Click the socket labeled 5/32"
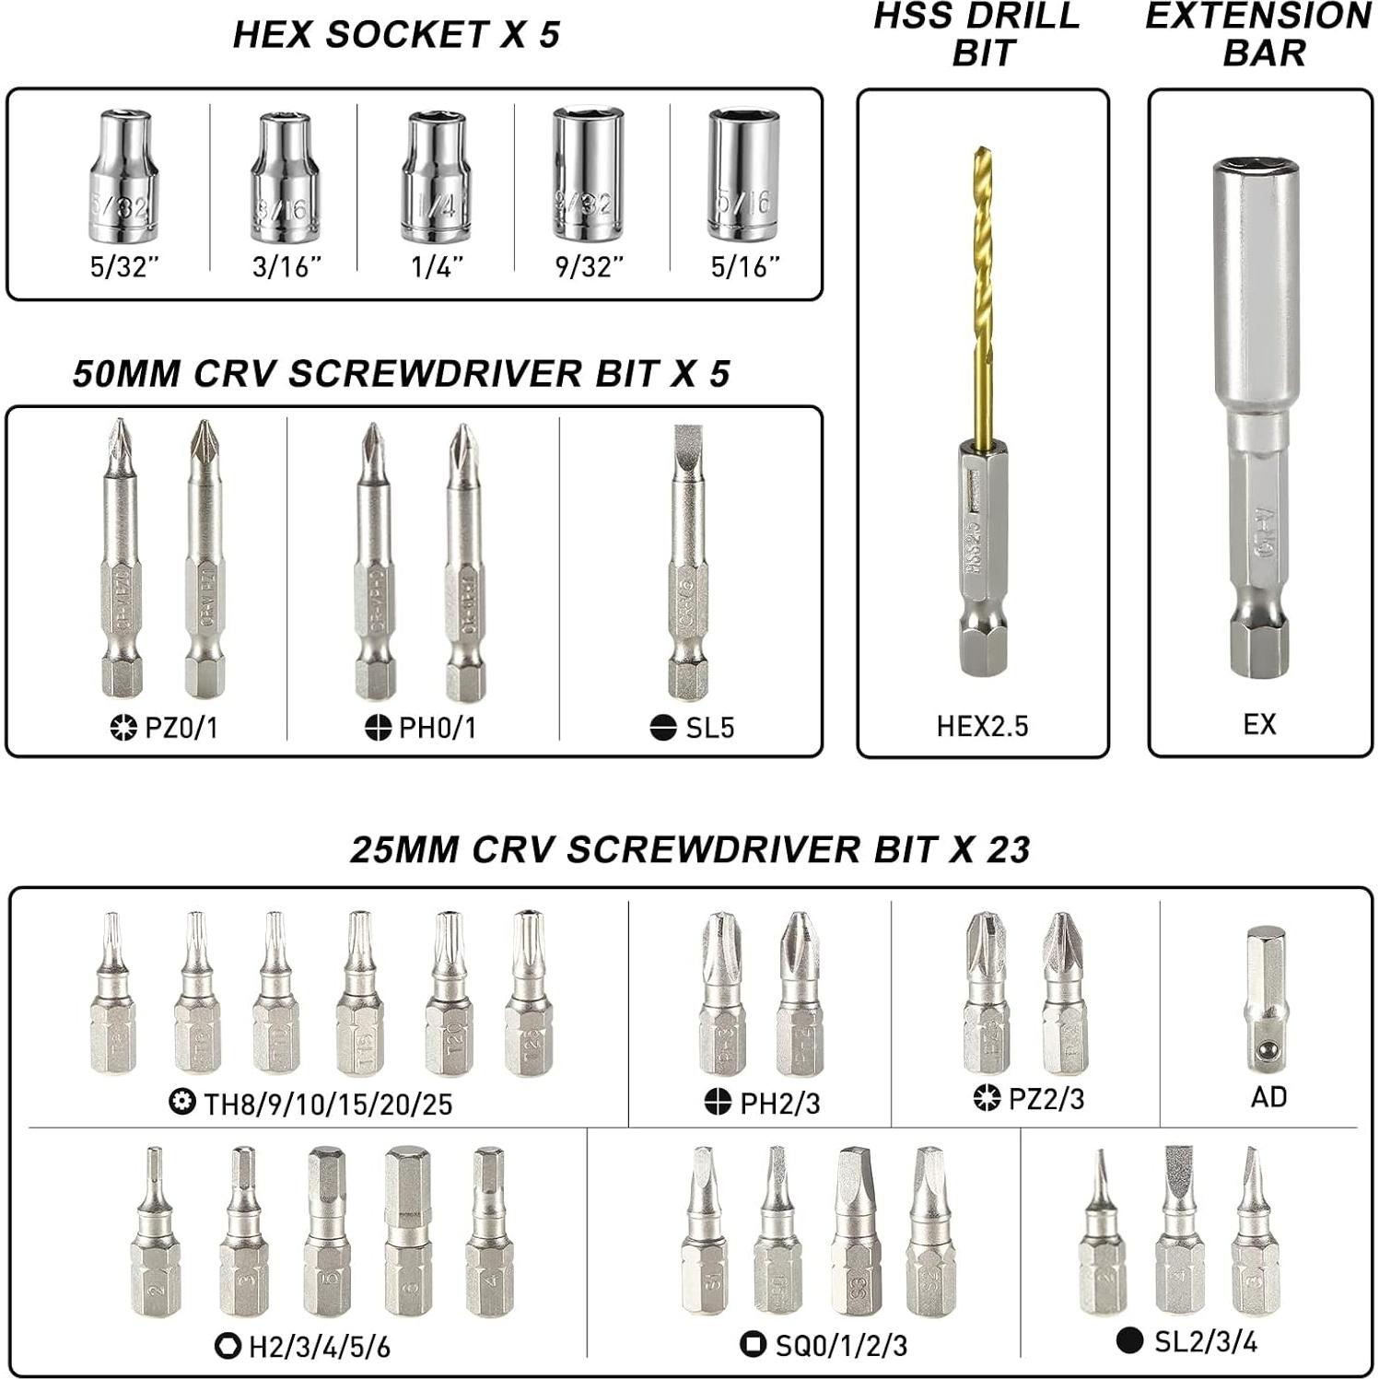pyautogui.click(x=124, y=176)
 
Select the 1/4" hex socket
pyautogui.click(x=436, y=176)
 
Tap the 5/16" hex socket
pyautogui.click(x=744, y=174)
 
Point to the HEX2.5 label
pyautogui.click(x=982, y=727)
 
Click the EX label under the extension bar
pyautogui.click(x=1259, y=725)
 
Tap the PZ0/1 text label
pyautogui.click(x=182, y=728)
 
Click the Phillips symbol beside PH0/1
pyautogui.click(x=378, y=728)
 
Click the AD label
pyautogui.click(x=1268, y=1097)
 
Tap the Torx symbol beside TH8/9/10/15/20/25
pyautogui.click(x=182, y=1102)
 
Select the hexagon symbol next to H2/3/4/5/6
pyautogui.click(x=228, y=1346)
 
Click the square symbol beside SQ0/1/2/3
pyautogui.click(x=753, y=1344)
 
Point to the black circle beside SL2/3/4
pyautogui.click(x=1129, y=1340)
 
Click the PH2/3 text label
pyautogui.click(x=780, y=1103)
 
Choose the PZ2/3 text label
pyautogui.click(x=1046, y=1099)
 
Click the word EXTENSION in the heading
pyautogui.click(x=1258, y=17)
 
